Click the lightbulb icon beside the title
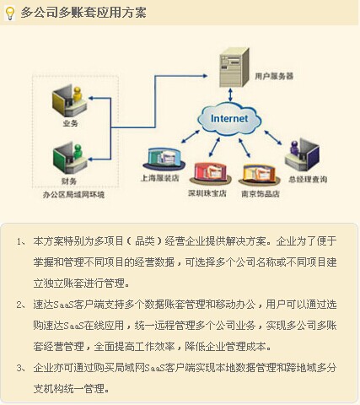(10, 13)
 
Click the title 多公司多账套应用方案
(83, 13)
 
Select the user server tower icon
(234, 67)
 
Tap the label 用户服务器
(274, 76)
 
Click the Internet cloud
(229, 119)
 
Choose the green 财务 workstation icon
(70, 158)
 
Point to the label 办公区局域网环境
(73, 194)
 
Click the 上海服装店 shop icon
(164, 159)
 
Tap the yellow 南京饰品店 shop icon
(259, 175)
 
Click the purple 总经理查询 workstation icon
(302, 154)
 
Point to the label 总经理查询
(308, 179)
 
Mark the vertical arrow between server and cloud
(230, 94)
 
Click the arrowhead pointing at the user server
(205, 76)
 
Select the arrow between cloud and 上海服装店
(191, 137)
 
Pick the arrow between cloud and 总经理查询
(273, 138)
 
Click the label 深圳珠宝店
(207, 193)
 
